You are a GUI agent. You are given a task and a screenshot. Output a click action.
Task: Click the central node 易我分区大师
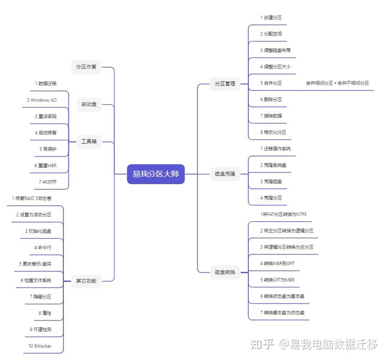coord(156,174)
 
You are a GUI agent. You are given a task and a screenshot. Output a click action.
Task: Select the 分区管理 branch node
coord(225,84)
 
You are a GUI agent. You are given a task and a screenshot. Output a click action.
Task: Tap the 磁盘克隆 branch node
coord(225,174)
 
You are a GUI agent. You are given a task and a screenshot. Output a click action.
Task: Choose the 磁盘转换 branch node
coord(225,272)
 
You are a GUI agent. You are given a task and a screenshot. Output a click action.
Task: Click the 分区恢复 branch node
coord(86,67)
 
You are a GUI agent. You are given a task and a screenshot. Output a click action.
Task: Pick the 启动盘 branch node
coord(89,104)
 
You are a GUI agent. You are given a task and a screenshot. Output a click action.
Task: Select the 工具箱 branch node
coord(89,141)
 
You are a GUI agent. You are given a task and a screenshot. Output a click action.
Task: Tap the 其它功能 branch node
coord(86,281)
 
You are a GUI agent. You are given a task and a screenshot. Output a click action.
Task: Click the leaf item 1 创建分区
coord(271,17)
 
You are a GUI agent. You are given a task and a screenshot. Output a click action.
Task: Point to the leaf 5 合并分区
coord(271,83)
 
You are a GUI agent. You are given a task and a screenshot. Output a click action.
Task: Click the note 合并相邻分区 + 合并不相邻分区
coord(337,83)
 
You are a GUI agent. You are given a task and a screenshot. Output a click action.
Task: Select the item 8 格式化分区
coord(273,132)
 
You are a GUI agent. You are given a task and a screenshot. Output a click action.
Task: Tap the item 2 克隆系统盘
coord(273,165)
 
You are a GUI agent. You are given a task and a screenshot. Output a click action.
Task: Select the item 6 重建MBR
coord(45,165)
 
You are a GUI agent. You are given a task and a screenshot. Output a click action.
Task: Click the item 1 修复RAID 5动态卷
coord(32,198)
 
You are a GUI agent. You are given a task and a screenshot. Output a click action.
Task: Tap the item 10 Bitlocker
coord(39,346)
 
